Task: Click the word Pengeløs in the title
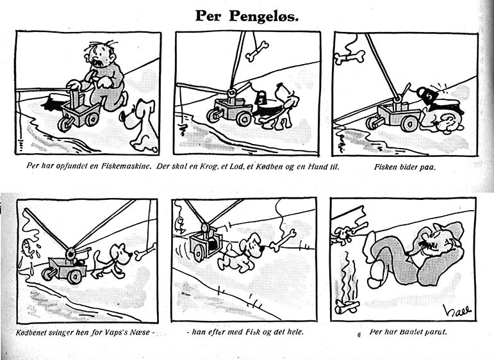tap(264, 17)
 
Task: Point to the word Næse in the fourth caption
tap(141, 332)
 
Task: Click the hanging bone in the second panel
tap(257, 51)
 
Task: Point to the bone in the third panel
tap(349, 57)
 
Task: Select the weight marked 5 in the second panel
tap(261, 99)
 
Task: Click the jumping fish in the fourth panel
tap(28, 249)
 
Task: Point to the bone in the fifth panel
tap(283, 240)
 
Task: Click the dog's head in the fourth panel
tap(121, 254)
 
